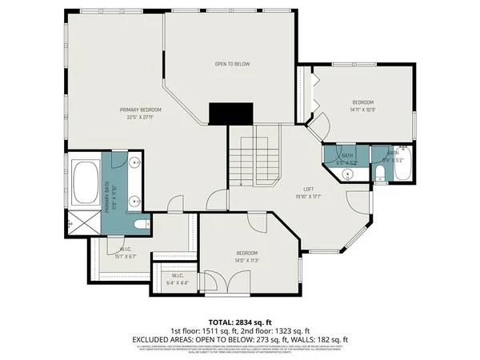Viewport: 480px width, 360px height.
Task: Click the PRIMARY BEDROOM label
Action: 141,110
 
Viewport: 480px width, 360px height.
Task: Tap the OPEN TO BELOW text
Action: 232,64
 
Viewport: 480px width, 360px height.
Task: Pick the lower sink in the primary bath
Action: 137,199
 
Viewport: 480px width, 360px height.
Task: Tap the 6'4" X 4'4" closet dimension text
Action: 178,282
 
